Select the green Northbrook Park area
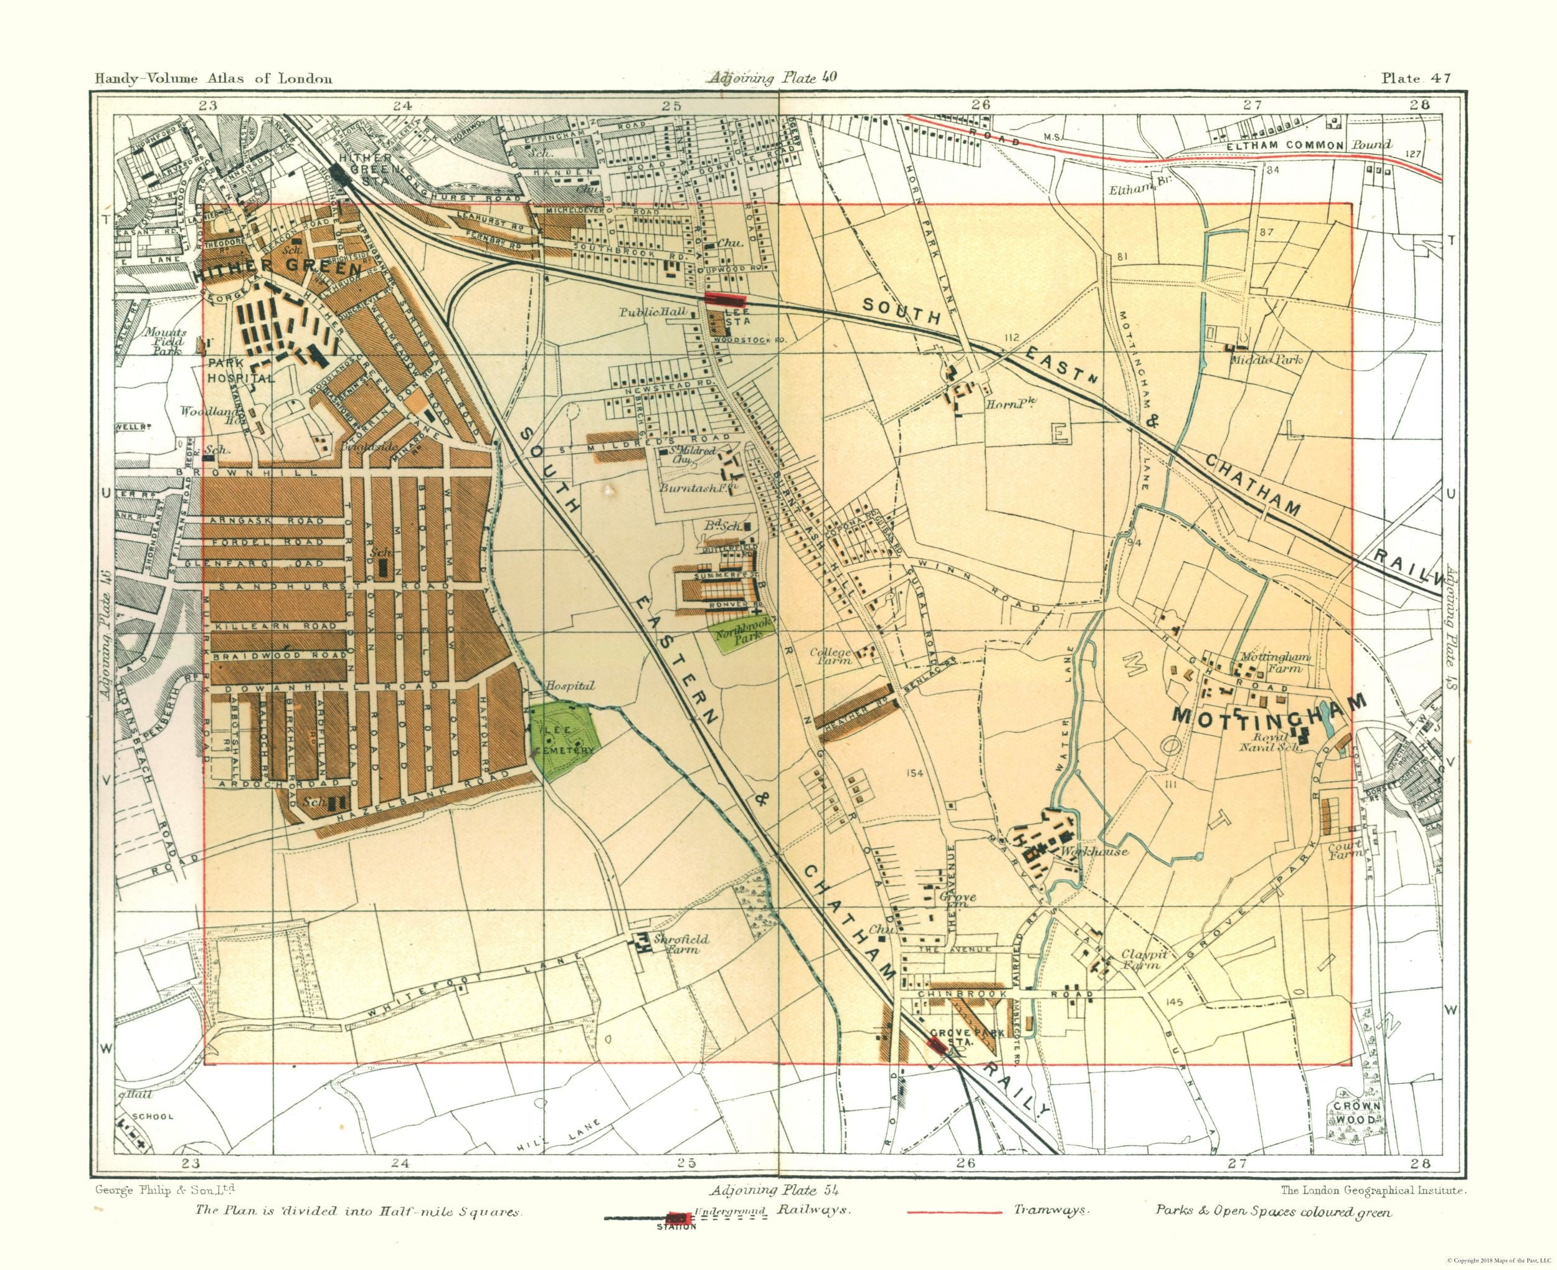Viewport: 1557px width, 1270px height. coord(734,638)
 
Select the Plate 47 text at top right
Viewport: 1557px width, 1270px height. coord(1415,78)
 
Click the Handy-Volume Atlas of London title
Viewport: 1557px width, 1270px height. coord(213,79)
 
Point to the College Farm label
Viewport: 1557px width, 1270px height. coord(830,655)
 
